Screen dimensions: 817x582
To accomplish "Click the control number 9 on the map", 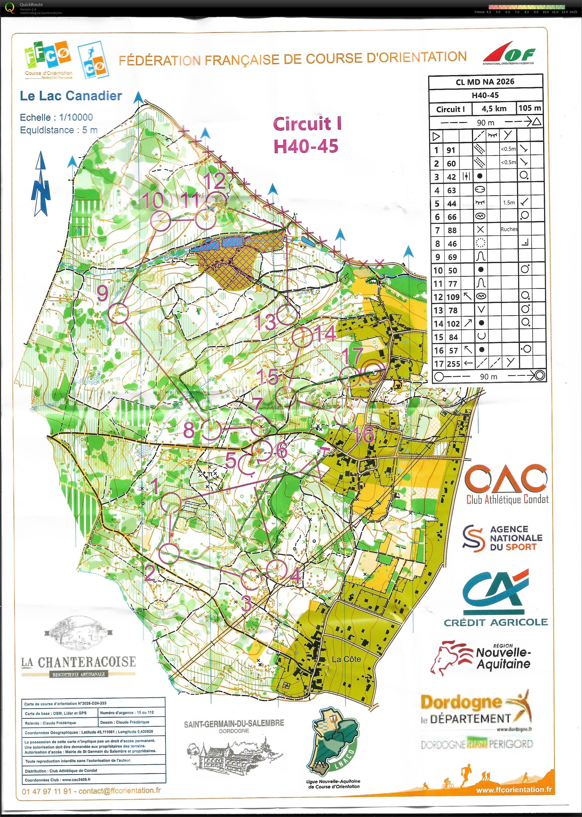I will coord(103,293).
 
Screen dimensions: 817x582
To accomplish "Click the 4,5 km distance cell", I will coord(494,108).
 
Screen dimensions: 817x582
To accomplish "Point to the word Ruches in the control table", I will coord(509,229).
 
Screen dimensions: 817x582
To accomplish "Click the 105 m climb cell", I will coord(529,108).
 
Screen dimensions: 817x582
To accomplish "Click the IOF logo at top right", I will coord(509,54).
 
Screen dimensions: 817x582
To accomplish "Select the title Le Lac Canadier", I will coord(71,96).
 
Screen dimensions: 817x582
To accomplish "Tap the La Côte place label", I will coord(346,659).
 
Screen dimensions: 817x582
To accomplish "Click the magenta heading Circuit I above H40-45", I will coord(307,124).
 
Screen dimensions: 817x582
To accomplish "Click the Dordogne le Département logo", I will coord(476,711).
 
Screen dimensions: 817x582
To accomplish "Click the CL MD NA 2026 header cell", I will coord(485,82).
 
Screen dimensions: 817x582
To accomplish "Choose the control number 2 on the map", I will coord(149,573).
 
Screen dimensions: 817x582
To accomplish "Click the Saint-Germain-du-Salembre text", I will coord(234,723).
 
